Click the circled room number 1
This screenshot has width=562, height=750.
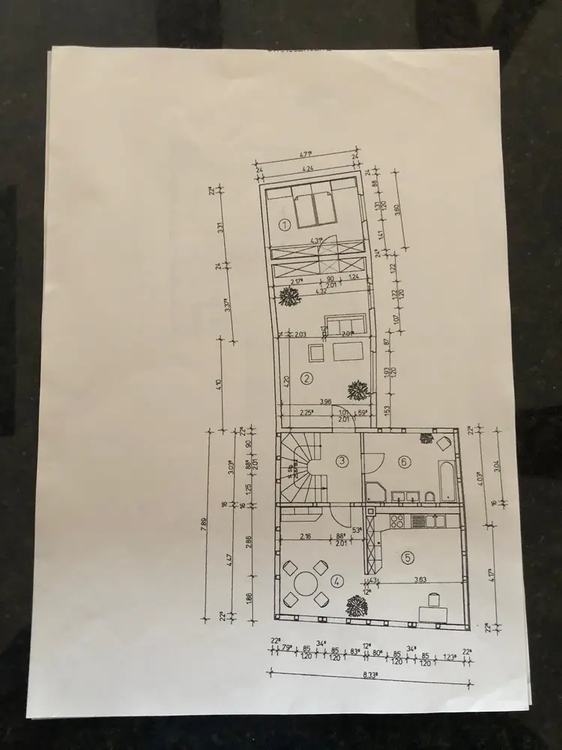pos(284,223)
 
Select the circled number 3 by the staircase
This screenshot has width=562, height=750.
pos(341,461)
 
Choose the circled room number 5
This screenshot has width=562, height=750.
pos(406,556)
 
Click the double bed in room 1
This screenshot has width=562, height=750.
pos(315,208)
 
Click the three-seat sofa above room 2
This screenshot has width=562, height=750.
pos(342,325)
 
